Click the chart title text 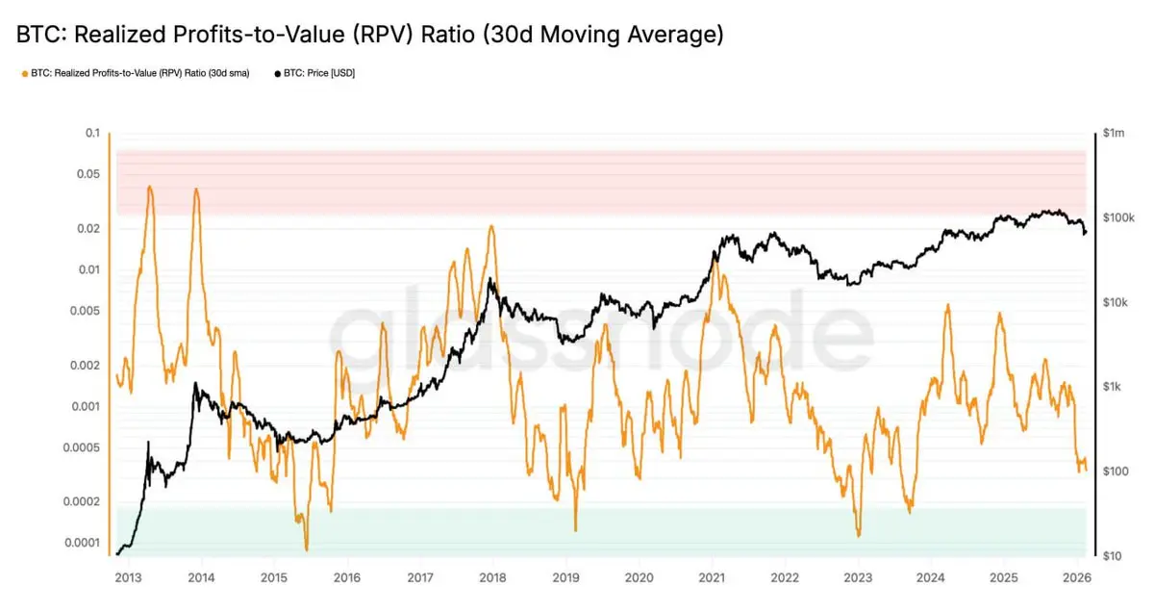[x=369, y=36]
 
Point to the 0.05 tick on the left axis [x=88, y=174]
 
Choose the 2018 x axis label [x=492, y=578]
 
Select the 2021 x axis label [x=712, y=578]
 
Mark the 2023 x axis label [x=858, y=578]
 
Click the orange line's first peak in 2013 [x=150, y=187]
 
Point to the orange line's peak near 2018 [x=491, y=226]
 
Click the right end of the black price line [x=1086, y=233]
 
